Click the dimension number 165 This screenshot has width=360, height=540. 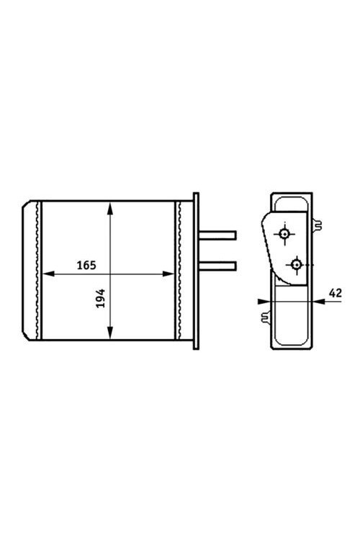pos(86,266)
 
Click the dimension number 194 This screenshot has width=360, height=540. pos(100,298)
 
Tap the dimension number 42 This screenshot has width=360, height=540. pos(336,293)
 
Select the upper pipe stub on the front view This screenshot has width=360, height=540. pos(217,235)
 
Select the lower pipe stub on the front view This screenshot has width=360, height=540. pos(217,266)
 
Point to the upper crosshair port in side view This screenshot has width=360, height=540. pos(284,234)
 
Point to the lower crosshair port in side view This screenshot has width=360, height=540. pos(296,264)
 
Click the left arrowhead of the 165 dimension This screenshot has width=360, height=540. pos(48,274)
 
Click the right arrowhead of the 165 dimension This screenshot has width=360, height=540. pos(168,274)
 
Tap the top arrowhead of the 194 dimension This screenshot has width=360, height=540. pos(110,209)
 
